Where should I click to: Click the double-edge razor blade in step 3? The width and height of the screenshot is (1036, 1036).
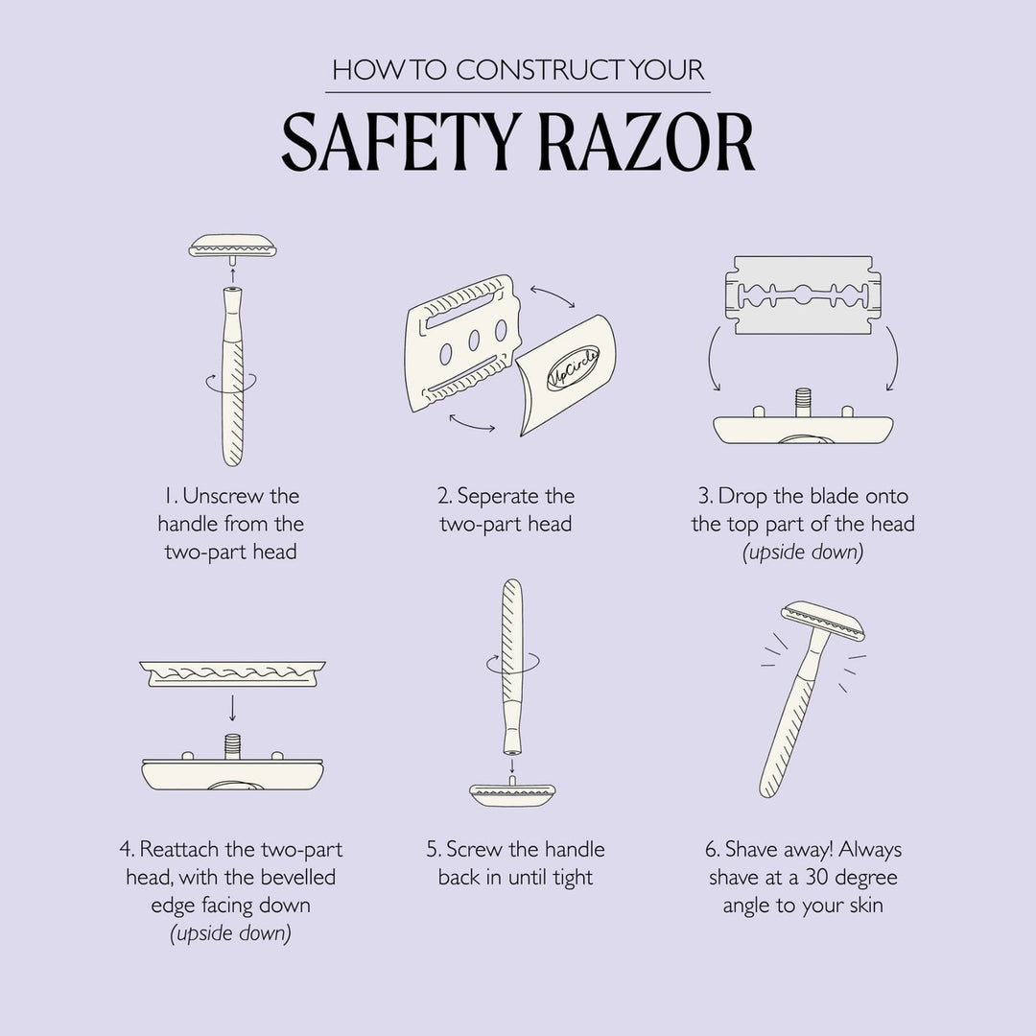[802, 294]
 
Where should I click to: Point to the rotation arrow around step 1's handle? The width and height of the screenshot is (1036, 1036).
[222, 382]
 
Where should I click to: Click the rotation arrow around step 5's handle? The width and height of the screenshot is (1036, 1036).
[513, 661]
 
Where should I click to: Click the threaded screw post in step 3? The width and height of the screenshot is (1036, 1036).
[803, 401]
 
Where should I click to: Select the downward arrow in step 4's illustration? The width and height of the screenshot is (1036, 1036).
[231, 708]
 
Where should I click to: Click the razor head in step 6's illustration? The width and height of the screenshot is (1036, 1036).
[823, 621]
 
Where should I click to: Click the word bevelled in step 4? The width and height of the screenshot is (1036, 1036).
[297, 877]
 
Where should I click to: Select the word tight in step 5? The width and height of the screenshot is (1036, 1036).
[573, 877]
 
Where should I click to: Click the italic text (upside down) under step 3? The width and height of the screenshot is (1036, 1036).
[803, 553]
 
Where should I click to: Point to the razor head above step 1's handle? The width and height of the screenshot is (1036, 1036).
[233, 247]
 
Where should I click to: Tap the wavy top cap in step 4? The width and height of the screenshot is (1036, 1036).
[231, 674]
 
